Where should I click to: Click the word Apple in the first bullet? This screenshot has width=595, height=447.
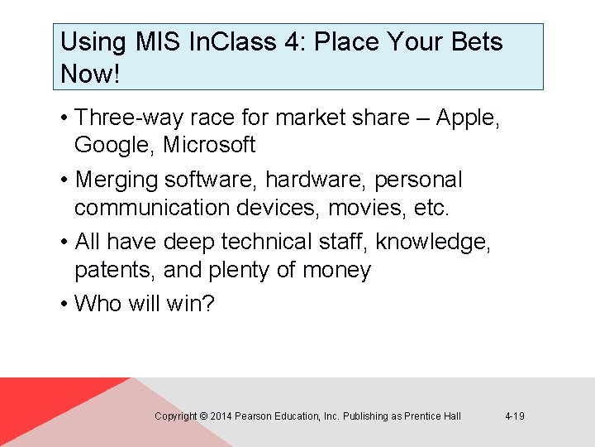(x=465, y=118)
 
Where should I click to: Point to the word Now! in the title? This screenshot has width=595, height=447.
(x=90, y=74)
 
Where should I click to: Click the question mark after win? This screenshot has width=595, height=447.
(x=208, y=304)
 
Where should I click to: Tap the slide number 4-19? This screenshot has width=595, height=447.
(x=514, y=416)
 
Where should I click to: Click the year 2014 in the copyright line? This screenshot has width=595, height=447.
(x=221, y=416)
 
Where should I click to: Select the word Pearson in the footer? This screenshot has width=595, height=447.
(x=255, y=416)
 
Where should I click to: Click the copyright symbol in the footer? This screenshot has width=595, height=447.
(x=203, y=416)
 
